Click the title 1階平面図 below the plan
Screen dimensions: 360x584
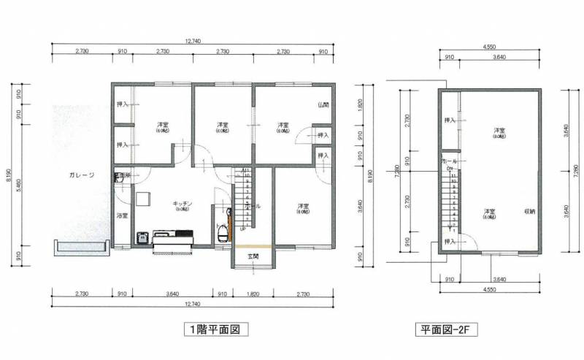pos(213,330)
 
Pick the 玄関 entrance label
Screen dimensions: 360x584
pos(253,256)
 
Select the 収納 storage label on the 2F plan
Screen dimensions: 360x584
pos(529,212)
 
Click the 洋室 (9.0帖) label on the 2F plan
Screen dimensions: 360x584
pos(499,132)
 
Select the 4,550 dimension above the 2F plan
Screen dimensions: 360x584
pos(490,46)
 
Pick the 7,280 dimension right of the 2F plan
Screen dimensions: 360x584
pos(576,172)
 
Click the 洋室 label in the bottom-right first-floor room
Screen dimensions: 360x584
pos(301,208)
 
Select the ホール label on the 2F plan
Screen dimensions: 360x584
pos(450,160)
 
